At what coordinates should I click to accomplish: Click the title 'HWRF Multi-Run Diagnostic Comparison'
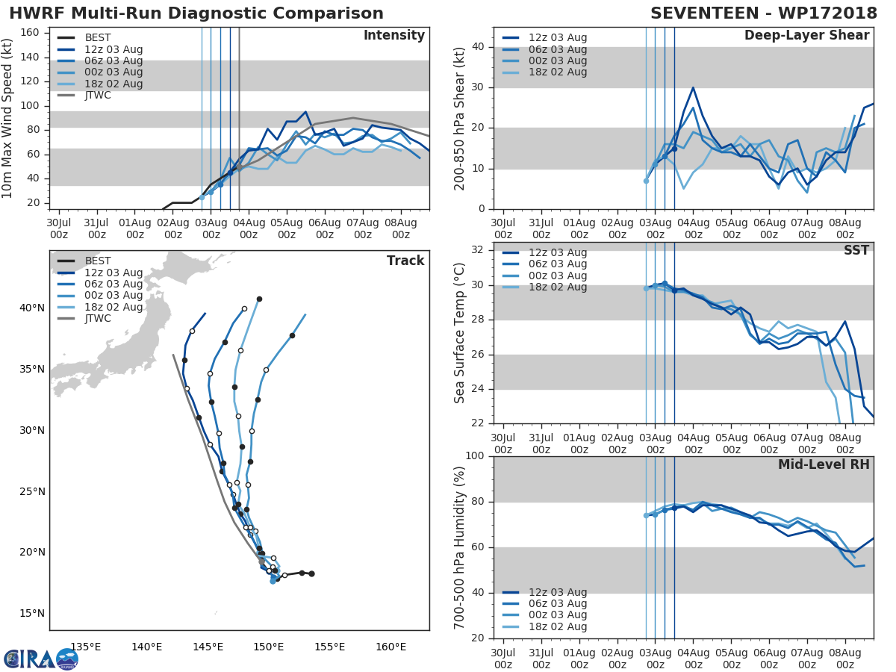coord(196,13)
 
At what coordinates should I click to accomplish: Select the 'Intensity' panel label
coord(394,36)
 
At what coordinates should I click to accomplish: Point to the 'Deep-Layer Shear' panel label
coord(806,36)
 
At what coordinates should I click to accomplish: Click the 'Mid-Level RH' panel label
coord(824,464)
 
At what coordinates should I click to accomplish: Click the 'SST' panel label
coord(856,250)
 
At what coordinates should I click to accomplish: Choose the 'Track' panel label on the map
coord(405,261)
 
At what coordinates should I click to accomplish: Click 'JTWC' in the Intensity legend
coord(99,96)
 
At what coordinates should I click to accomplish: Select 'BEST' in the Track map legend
coord(98,261)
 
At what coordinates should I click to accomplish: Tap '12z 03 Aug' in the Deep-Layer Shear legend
coord(558,38)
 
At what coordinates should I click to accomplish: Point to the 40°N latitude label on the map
coord(32,308)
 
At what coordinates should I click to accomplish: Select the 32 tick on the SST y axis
coord(480,250)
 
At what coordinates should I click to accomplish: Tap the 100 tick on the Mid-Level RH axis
coord(476,456)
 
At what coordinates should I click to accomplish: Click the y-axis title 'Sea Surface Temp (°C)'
coord(461,333)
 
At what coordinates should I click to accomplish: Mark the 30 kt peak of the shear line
coord(693,87)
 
